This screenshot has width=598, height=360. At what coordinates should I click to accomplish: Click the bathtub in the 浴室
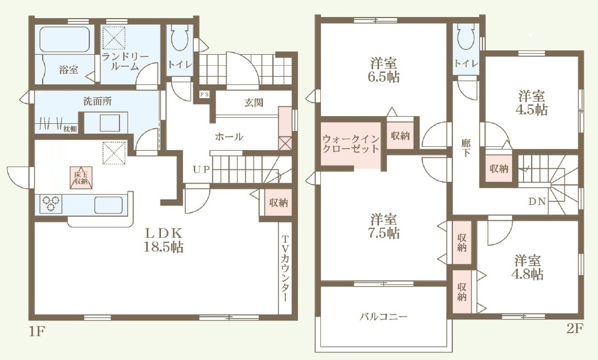pos(65,39)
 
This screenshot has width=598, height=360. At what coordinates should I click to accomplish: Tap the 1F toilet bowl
pos(179,37)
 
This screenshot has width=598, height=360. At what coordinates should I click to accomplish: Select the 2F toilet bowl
pos(465,37)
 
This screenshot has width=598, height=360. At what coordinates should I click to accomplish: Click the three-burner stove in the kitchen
pos(51,203)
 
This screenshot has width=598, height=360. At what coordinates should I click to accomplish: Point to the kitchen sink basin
pos(108,204)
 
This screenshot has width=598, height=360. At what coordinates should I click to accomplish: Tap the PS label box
pos(204,94)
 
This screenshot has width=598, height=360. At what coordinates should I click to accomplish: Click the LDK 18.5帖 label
pos(163,240)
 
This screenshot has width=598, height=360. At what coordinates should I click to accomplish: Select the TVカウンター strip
pos(285,268)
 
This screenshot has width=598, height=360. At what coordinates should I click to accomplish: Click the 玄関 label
pos(254,102)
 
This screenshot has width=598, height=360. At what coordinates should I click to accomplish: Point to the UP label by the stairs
pos(201,169)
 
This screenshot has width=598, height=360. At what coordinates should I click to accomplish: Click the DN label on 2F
pos(537,201)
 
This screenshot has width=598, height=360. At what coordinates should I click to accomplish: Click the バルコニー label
pos(384,317)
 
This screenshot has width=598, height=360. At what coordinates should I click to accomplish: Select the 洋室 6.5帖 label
pos(384,70)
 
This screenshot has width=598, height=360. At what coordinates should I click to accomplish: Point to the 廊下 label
pos(465,148)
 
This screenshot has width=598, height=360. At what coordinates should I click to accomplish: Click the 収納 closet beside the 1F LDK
pos(278,203)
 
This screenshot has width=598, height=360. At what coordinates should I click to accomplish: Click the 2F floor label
pos(575,328)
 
